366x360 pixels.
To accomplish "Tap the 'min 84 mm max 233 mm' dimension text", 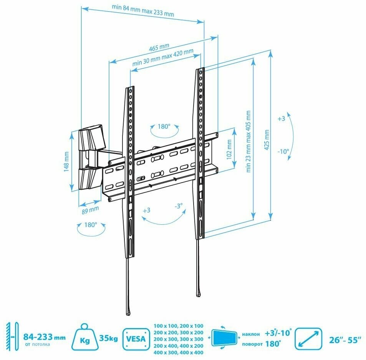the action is [x=143, y=12].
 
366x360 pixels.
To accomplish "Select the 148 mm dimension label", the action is [x=66, y=161].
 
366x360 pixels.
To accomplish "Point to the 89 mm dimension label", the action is [x=91, y=210].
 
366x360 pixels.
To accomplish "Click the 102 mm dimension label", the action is [x=229, y=149].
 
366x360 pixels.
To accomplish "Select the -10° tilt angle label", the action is [x=283, y=151].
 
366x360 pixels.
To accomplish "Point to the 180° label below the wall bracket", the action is [x=90, y=225].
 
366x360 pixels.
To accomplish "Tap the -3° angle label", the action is [x=179, y=206].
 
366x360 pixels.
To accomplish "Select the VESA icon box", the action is [x=136, y=338].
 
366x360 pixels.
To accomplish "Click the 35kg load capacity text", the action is [x=109, y=338].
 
